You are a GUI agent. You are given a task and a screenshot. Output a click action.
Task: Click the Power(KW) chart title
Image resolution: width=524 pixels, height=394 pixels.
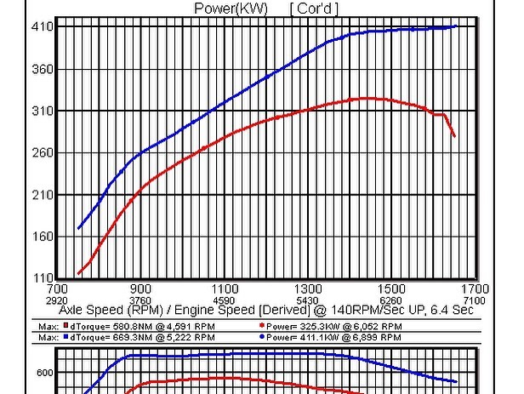[x=231, y=9]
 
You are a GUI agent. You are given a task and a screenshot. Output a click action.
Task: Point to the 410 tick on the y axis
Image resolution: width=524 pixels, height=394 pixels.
[x=43, y=27]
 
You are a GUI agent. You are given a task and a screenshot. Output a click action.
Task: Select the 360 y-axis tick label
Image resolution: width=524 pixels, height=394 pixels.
[x=43, y=69]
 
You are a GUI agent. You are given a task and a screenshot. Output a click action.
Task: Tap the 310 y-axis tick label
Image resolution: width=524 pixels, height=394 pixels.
[x=43, y=111]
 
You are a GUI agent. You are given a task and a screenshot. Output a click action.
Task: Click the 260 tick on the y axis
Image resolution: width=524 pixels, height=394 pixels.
[x=43, y=153]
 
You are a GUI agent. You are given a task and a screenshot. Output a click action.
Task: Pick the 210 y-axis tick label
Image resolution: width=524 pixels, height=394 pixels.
[x=43, y=195]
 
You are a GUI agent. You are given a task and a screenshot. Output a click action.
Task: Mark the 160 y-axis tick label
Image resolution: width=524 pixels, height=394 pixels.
[x=43, y=237]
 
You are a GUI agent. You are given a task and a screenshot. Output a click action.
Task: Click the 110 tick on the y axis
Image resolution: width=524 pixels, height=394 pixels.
[x=43, y=279]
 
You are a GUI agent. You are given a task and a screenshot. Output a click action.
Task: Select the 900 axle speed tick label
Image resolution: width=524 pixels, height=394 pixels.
[x=141, y=289]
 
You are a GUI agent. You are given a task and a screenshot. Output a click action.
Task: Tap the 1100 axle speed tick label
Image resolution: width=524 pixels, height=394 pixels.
[x=225, y=289]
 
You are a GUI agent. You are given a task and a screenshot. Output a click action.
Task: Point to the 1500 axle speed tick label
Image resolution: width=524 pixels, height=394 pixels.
[x=391, y=289]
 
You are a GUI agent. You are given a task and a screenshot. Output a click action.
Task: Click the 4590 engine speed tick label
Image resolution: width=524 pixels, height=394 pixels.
[x=225, y=300]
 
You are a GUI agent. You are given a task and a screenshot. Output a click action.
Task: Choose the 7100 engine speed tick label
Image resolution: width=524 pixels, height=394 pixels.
[x=475, y=300]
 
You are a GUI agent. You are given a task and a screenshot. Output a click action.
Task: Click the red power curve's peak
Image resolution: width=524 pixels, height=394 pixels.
[x=367, y=98]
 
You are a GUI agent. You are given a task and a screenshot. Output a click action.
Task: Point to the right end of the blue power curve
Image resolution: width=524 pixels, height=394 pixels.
[x=457, y=26]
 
